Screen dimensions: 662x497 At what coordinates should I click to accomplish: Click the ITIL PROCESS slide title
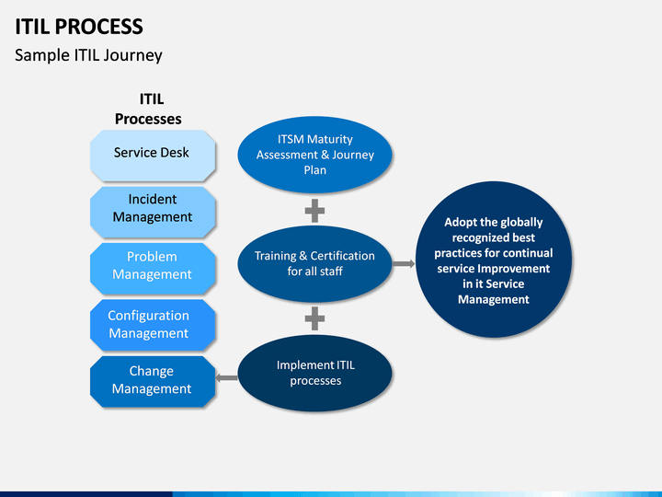pos(79,27)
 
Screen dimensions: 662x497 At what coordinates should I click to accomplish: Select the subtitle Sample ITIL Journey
pos(88,55)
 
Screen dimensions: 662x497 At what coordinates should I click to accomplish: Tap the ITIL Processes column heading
pos(148,109)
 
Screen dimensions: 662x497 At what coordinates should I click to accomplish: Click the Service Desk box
pos(153,156)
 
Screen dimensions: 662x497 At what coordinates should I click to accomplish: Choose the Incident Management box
pos(153,213)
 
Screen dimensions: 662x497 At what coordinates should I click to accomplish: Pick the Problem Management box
pos(153,269)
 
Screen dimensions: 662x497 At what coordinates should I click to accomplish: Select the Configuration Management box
pos(153,325)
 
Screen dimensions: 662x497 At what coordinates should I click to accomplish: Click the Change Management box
pos(153,382)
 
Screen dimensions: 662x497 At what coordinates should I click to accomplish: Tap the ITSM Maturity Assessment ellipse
pos(315,155)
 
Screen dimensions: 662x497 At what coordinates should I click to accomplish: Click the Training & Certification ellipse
pos(315,264)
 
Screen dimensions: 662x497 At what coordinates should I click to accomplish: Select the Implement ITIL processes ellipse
pos(315,373)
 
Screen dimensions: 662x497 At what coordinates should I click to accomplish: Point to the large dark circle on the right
pos(494,260)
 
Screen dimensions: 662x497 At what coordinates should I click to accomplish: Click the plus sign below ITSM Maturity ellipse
pos(315,211)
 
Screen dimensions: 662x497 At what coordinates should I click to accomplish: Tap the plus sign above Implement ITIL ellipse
pos(315,319)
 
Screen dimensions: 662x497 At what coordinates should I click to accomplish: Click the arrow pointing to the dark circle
pos(404,264)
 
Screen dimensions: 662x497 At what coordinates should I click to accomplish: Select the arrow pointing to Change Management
pos(227,377)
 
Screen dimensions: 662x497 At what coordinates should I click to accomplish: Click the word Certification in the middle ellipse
pos(342,256)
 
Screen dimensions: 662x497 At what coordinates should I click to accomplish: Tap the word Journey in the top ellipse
pos(353,156)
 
